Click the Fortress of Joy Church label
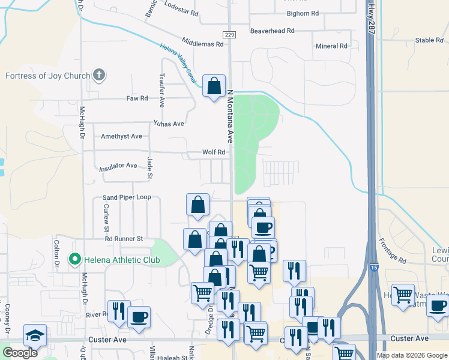[x=47, y=76]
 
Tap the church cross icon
[x=100, y=76]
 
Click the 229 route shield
[x=229, y=35]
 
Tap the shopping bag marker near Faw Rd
[x=214, y=87]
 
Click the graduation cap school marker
[x=35, y=336]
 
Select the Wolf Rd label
[x=213, y=152]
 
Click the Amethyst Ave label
[x=121, y=136]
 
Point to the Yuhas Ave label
[x=169, y=124]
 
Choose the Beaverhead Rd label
[x=273, y=31]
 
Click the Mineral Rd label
[x=331, y=46]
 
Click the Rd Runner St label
[x=123, y=238]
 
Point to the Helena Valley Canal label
[x=178, y=64]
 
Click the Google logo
[x=20, y=353]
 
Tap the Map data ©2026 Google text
[x=411, y=355]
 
